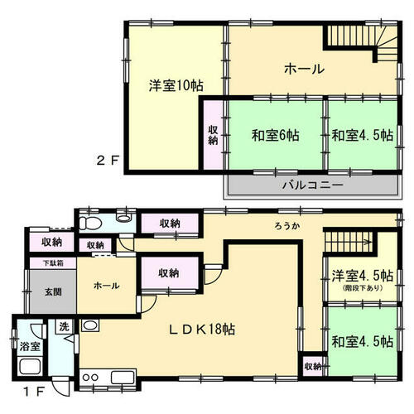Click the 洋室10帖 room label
coord(176,85)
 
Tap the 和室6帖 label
coord(275,135)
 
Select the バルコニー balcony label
coord(313,185)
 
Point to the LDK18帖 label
coord(202,330)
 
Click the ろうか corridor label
coord(287,226)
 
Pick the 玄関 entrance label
coord(53,291)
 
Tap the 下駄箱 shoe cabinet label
coord(54,263)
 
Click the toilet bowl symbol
coord(89,223)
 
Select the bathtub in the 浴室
coord(30,365)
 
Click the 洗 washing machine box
coord(64,327)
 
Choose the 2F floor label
coord(108,161)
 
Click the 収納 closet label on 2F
coord(213,135)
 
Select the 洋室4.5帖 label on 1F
coord(363,276)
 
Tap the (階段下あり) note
coord(363,288)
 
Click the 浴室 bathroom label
coord(30,346)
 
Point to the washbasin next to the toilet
coord(124,219)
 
